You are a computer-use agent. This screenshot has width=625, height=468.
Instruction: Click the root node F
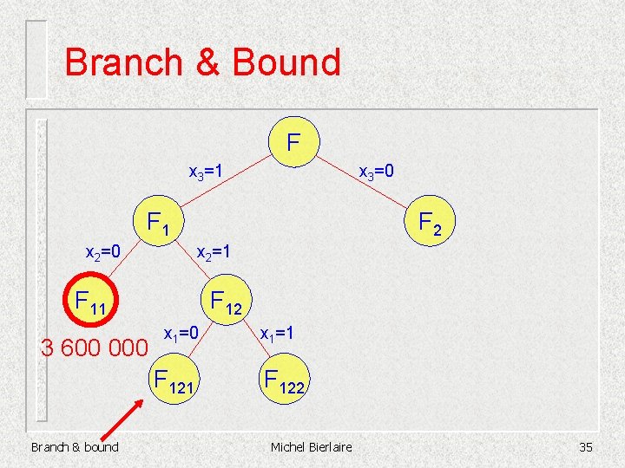[294, 140]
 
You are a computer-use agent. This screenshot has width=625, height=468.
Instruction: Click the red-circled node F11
[91, 302]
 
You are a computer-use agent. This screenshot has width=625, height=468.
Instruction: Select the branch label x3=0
[377, 172]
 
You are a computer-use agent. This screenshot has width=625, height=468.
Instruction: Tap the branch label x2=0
[102, 252]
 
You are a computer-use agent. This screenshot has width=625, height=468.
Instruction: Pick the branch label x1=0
[181, 332]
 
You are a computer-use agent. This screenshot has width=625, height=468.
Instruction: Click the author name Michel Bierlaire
[312, 446]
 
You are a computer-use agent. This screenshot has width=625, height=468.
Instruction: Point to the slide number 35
[584, 446]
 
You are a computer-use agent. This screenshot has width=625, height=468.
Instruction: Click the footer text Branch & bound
[75, 446]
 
